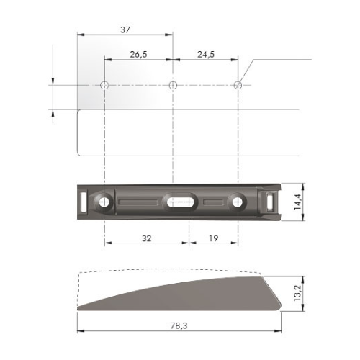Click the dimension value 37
[125, 30]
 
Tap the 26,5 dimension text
[138, 55]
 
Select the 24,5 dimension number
[206, 55]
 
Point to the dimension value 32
[147, 238]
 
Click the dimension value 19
[213, 238]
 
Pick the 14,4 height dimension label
[298, 202]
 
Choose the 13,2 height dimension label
[298, 294]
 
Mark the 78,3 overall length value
[179, 325]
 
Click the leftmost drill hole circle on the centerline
[104, 85]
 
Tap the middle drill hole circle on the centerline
[173, 85]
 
